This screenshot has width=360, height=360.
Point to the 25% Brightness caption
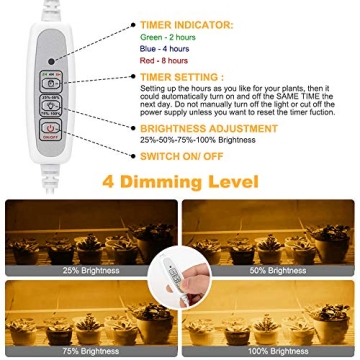[x=91, y=270]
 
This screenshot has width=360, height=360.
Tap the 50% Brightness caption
[x=277, y=270]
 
